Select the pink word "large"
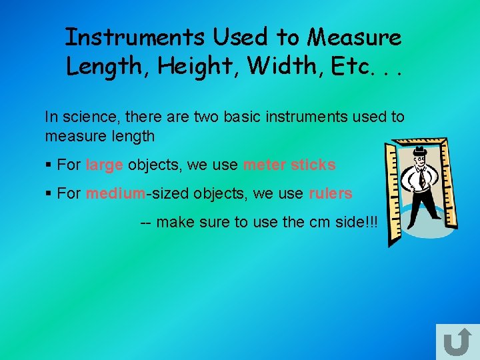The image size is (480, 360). coord(104,165)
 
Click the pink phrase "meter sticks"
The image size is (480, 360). coord(289,165)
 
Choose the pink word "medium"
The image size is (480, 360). coord(115,194)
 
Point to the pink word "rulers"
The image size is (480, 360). coord(330,194)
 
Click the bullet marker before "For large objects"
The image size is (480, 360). coord(49,165)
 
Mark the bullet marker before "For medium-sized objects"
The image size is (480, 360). coord(49,194)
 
